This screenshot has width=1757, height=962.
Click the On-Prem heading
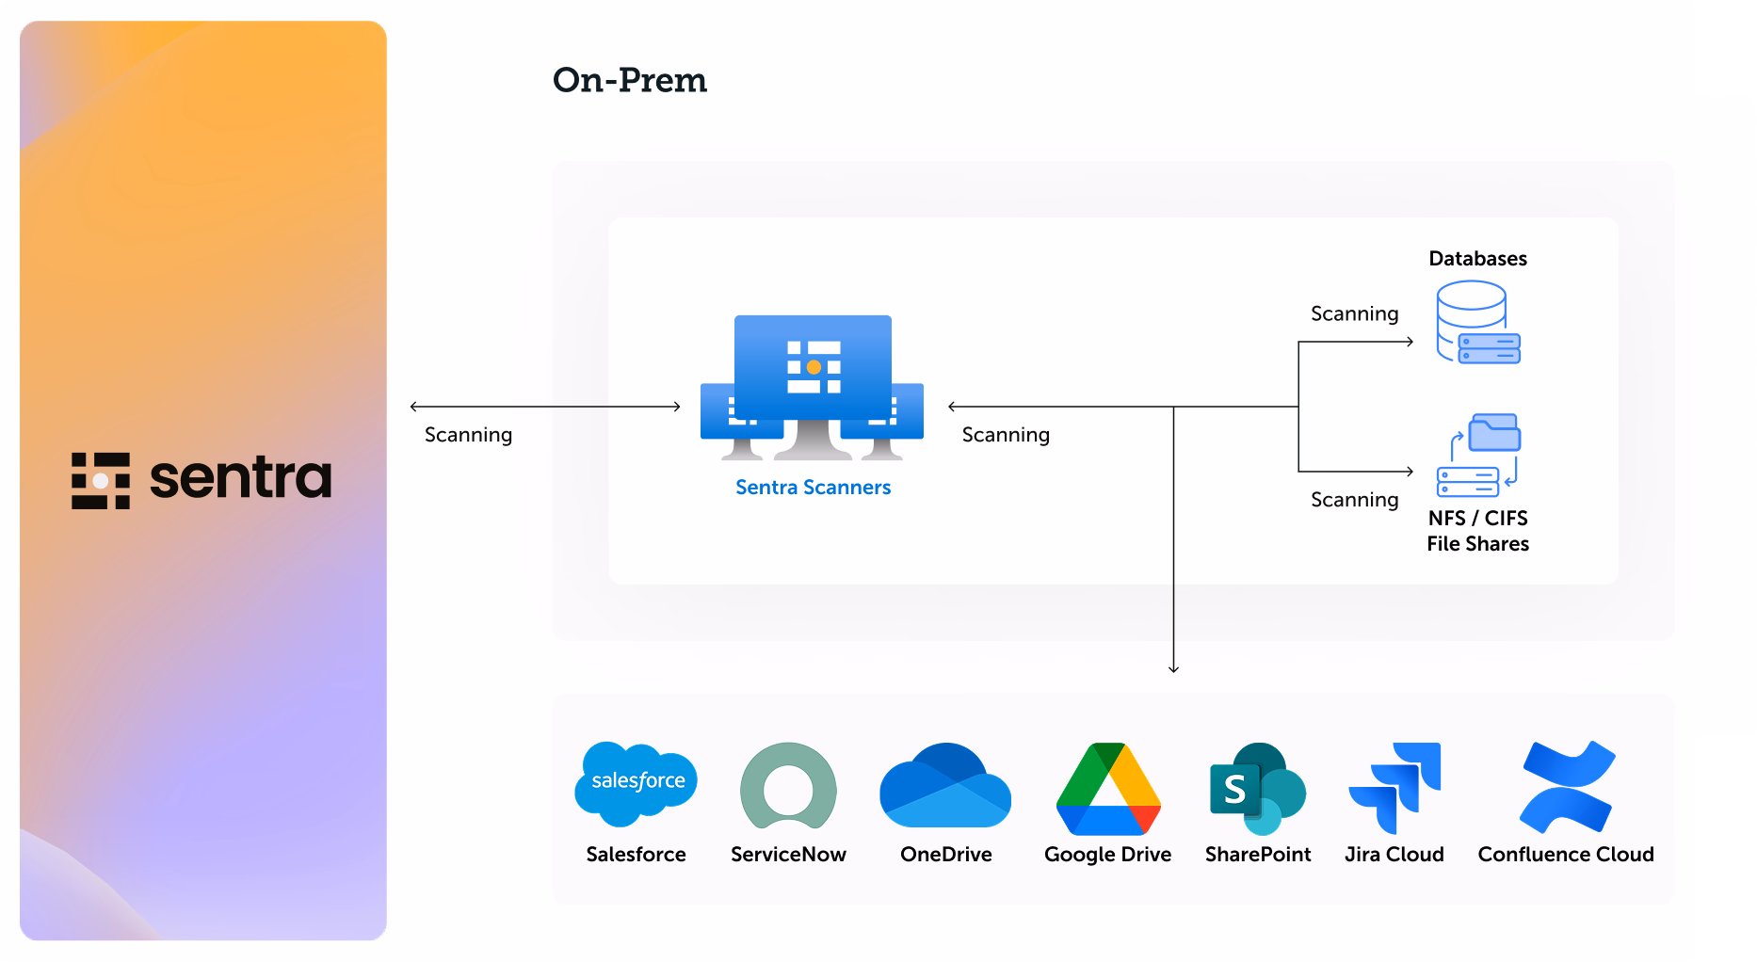click(629, 81)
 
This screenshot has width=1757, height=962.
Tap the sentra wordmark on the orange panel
click(240, 478)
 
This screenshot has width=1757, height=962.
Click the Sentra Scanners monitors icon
click(812, 387)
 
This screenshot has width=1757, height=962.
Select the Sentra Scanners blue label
click(813, 488)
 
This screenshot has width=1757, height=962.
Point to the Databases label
click(1477, 259)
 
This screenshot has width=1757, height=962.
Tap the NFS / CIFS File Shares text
click(1477, 531)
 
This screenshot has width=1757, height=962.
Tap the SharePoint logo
click(1257, 789)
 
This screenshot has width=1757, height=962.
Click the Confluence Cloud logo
click(1567, 787)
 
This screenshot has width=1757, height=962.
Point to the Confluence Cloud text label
click(1565, 855)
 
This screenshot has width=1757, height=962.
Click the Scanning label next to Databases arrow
click(1354, 314)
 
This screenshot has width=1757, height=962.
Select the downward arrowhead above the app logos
click(1173, 668)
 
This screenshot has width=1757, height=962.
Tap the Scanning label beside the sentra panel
click(468, 435)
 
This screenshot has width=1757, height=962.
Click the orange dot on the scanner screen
click(814, 367)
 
